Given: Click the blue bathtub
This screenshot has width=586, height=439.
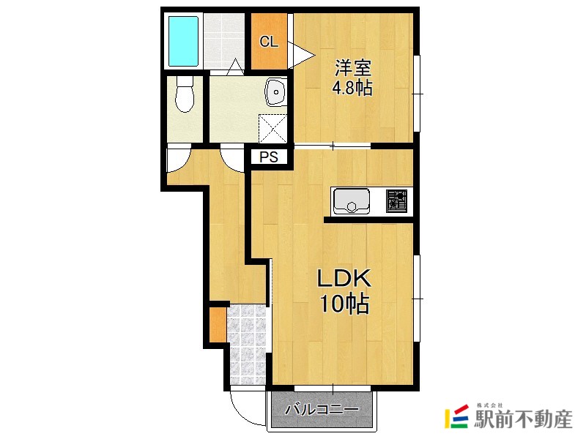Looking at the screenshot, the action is click(183, 41).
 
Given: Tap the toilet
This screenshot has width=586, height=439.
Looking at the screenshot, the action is click(185, 94).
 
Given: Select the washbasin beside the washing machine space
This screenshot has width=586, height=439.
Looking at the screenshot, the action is click(276, 92).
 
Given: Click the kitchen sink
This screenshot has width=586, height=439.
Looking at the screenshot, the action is click(352, 200).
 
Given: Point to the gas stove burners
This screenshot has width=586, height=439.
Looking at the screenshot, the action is click(397, 201).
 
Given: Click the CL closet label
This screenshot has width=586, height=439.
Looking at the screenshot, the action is click(269, 42).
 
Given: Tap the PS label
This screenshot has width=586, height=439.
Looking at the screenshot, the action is click(269, 157).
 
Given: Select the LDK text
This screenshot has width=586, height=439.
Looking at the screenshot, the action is click(344, 278).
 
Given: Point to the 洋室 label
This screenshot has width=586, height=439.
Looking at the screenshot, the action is click(352, 68).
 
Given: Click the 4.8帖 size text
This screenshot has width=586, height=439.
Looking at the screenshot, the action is click(352, 88).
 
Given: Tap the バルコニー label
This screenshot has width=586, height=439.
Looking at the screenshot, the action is click(322, 410).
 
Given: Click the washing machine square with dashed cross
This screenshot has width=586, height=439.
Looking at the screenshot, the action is click(272, 128).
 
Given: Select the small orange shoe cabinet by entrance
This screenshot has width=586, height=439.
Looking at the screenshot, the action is click(218, 324).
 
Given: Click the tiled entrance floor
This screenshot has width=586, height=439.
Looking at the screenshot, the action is click(247, 345).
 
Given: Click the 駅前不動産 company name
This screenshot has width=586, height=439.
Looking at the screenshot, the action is click(523, 419).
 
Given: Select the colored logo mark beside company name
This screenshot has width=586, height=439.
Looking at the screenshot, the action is click(456, 416).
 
